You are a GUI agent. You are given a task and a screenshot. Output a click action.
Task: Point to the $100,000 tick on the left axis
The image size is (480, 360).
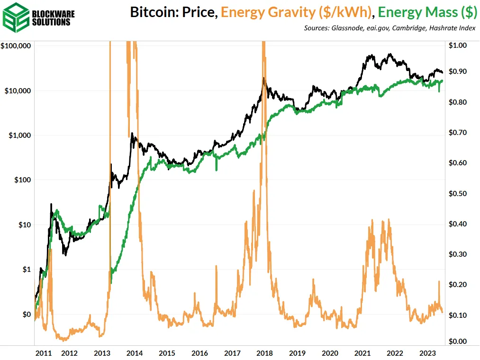click(16, 46)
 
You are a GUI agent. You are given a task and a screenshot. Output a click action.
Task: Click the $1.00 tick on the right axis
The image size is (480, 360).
click(457, 46)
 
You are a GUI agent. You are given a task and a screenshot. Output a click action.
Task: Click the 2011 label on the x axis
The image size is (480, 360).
click(44, 353)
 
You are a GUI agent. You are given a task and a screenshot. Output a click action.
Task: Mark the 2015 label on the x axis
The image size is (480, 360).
click(167, 353)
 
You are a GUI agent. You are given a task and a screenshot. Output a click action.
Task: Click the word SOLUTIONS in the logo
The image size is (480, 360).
click(53, 22)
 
